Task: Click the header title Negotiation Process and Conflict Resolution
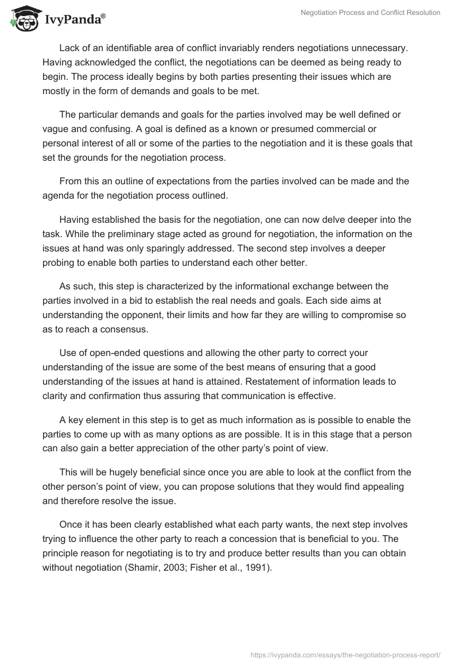pos(371,13)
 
